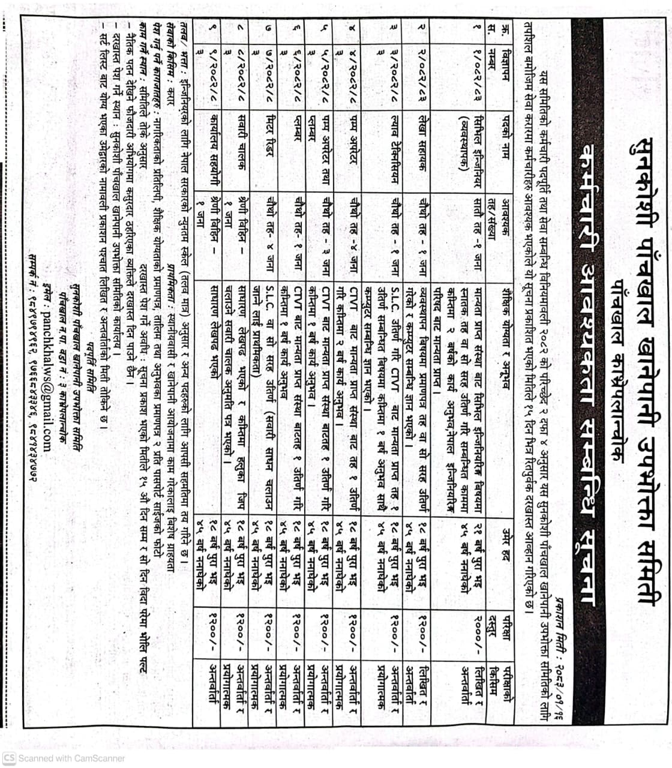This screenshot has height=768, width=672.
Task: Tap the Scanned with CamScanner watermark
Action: tap(66, 758)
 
